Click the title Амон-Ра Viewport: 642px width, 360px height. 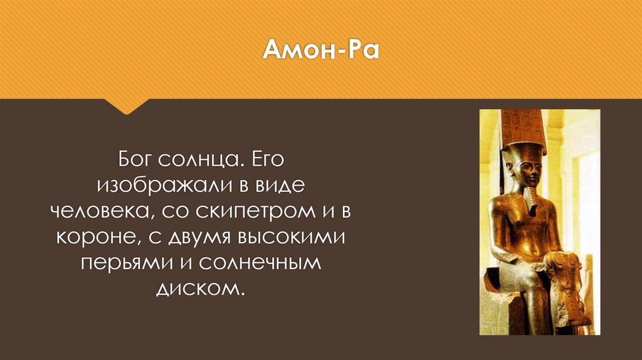(x=320, y=50)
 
